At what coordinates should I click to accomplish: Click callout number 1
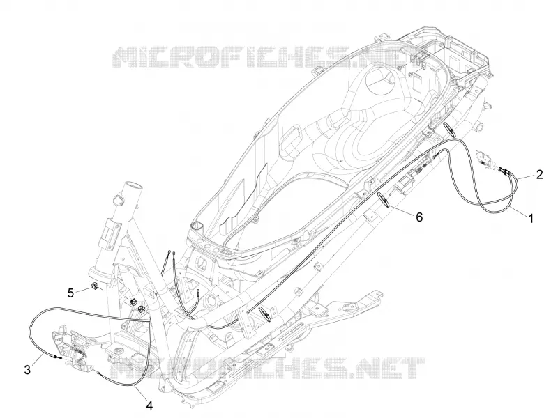[530, 218]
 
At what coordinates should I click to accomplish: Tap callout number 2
[539, 175]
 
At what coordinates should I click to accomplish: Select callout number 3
[27, 369]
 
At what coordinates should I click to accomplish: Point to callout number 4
[149, 405]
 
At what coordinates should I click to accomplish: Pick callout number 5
[71, 293]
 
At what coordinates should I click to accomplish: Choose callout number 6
[420, 217]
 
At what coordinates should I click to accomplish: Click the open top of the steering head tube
[132, 186]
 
